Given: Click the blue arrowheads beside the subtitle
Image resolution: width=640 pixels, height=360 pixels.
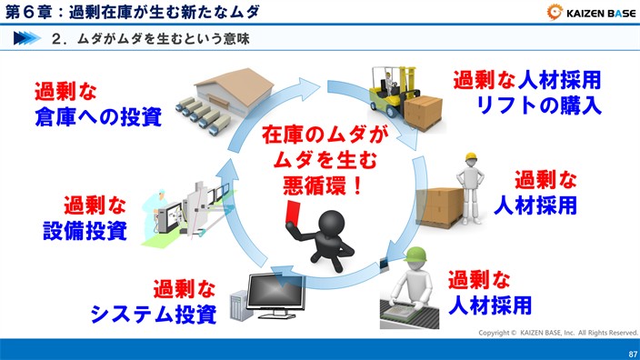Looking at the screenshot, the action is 27,39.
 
